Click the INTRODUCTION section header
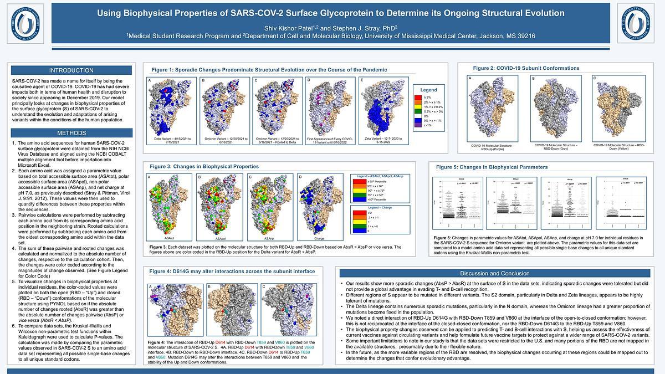point(71,70)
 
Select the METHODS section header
point(71,134)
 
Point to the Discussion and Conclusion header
point(495,273)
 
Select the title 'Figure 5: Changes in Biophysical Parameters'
point(492,167)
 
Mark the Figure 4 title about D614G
point(233,271)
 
